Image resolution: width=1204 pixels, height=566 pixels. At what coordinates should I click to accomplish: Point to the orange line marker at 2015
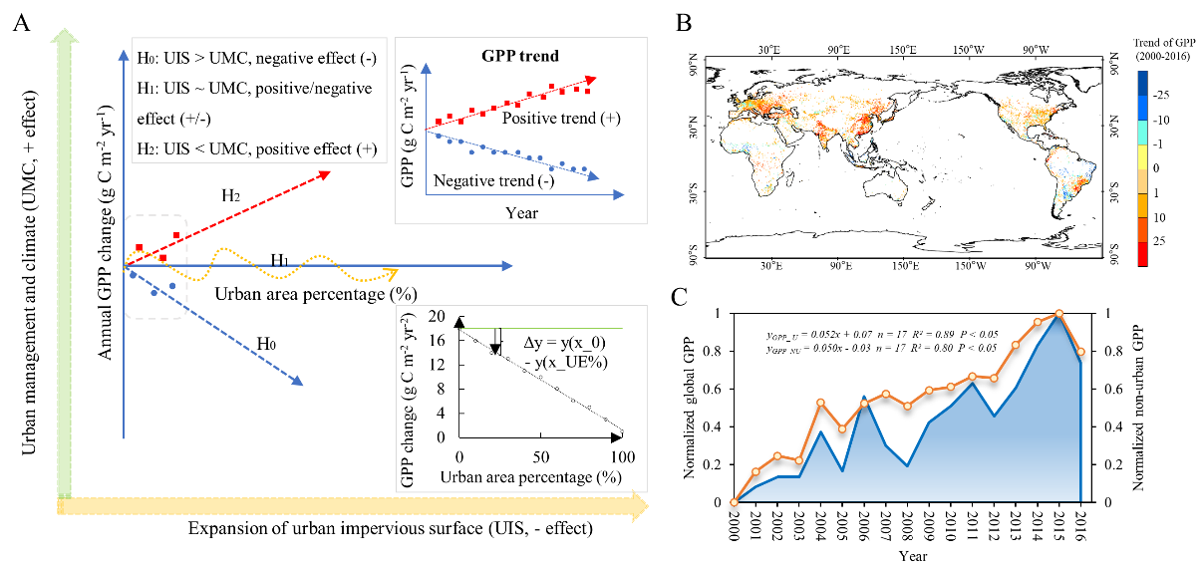[1058, 314]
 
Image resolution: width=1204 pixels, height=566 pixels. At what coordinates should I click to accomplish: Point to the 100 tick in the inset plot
[623, 457]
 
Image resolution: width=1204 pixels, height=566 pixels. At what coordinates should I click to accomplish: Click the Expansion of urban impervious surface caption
[391, 526]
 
